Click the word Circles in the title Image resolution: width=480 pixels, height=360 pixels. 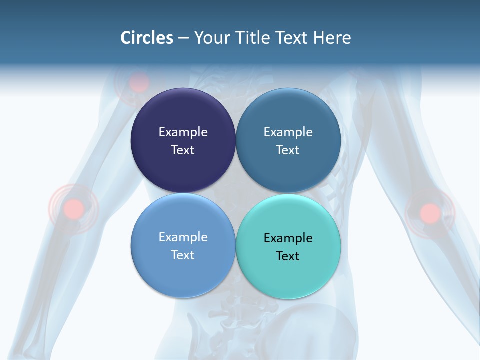pos(147,38)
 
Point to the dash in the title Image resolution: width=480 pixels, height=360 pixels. pos(183,38)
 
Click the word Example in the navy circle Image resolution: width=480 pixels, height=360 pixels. pos(183,132)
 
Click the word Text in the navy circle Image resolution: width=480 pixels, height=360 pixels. pos(183,150)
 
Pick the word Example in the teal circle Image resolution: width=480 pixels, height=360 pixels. pos(288,238)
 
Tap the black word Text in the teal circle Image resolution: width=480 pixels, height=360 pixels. pos(288,256)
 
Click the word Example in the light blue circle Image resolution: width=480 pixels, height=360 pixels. pos(183,237)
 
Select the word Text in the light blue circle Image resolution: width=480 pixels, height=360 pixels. pos(183,255)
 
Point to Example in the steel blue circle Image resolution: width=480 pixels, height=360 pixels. pos(288,132)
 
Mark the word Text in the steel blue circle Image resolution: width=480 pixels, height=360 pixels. pos(288,150)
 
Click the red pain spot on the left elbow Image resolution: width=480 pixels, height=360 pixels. pos(74,208)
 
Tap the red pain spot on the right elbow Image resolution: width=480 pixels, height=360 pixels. pos(430,213)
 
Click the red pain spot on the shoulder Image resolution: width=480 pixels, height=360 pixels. pos(139,83)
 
